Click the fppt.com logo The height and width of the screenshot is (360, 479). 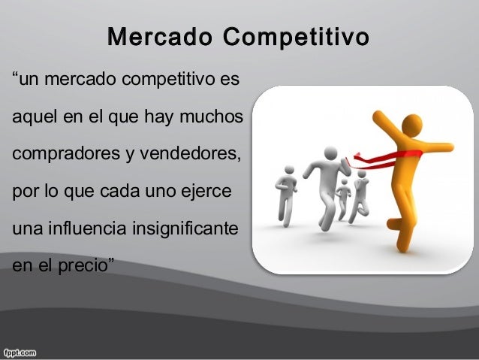[x=23, y=351]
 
